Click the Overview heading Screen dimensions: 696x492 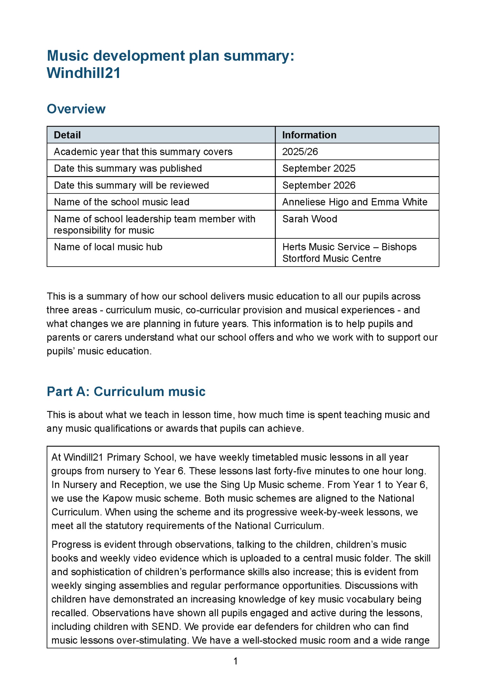point(76,109)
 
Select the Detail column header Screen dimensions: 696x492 point(67,135)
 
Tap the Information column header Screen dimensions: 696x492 point(309,135)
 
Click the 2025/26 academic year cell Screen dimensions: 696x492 point(300,152)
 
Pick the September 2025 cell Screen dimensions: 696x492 point(319,168)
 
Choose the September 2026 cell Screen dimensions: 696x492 point(319,185)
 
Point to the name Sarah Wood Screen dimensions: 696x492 point(310,219)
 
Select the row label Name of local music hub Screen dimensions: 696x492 point(108,247)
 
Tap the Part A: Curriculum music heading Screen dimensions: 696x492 point(126,391)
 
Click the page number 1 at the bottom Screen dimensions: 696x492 point(236,661)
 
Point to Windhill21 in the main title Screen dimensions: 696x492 point(84,73)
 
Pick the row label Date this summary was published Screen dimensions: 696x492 point(128,168)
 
